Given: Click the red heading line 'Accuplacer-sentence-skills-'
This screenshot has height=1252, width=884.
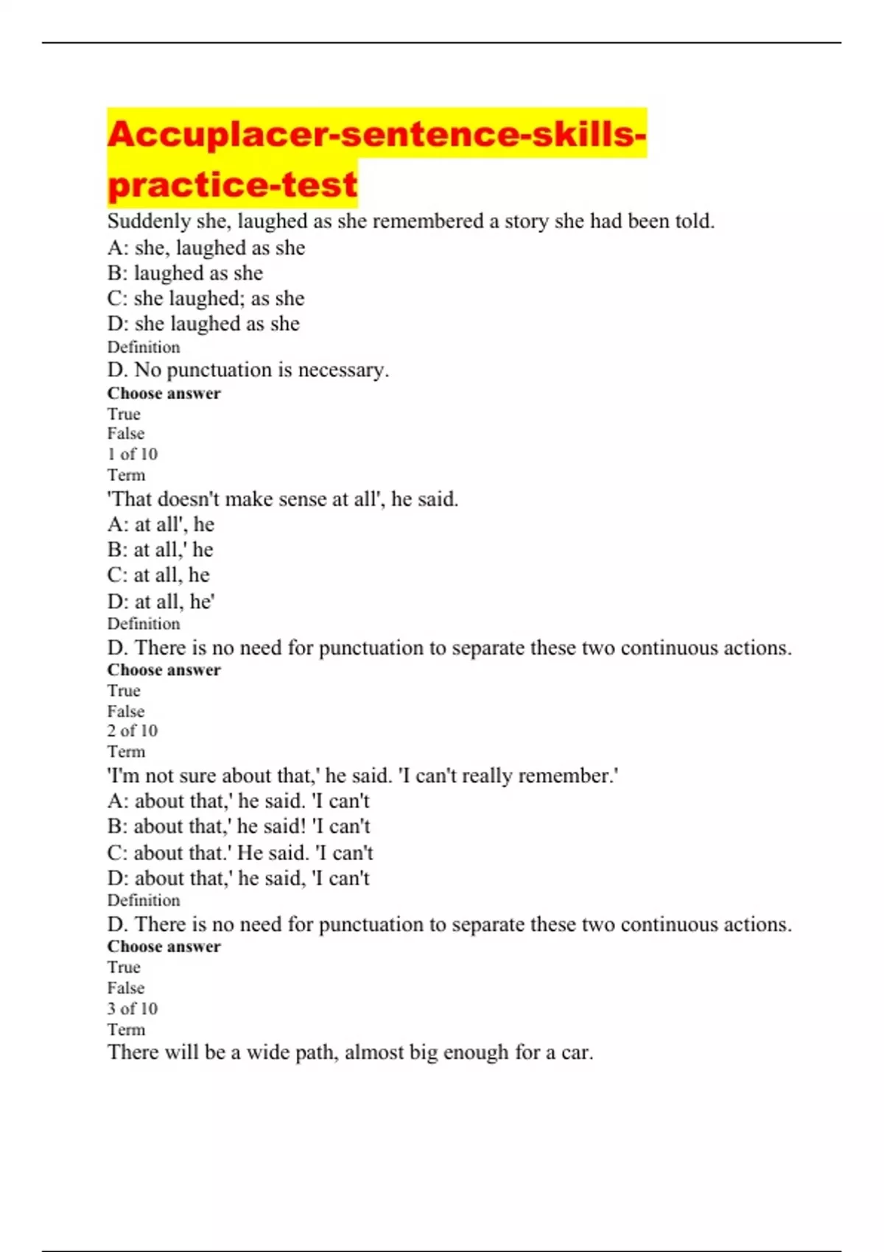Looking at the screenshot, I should point(376,134).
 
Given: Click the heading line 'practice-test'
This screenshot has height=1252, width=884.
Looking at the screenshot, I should point(232,184).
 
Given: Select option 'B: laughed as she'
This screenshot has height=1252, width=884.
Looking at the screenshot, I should point(185,273).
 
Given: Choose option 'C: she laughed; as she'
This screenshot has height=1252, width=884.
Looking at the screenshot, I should point(206,298).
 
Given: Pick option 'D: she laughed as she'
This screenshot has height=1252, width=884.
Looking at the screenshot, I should point(203,324).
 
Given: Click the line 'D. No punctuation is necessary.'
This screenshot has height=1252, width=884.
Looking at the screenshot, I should point(248,370).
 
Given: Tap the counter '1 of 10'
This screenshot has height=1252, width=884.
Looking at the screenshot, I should point(133,454).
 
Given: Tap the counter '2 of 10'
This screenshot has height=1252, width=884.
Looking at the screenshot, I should point(133,731).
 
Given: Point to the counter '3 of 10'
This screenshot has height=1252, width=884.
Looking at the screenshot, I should point(133,1008).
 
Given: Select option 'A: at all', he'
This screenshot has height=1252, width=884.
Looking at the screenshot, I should point(161,524).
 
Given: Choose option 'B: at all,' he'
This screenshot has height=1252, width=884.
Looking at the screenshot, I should point(160,550).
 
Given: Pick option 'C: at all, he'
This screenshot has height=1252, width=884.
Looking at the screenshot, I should point(158,575).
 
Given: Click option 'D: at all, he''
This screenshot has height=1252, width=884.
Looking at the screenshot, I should point(161,602).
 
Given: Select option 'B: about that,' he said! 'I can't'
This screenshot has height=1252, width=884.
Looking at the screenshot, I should point(239,826).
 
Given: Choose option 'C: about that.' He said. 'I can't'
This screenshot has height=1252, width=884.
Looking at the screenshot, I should point(240,853).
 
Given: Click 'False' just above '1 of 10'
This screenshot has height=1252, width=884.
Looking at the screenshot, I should point(126,434).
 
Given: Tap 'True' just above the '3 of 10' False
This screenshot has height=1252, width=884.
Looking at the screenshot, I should point(124,967).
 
